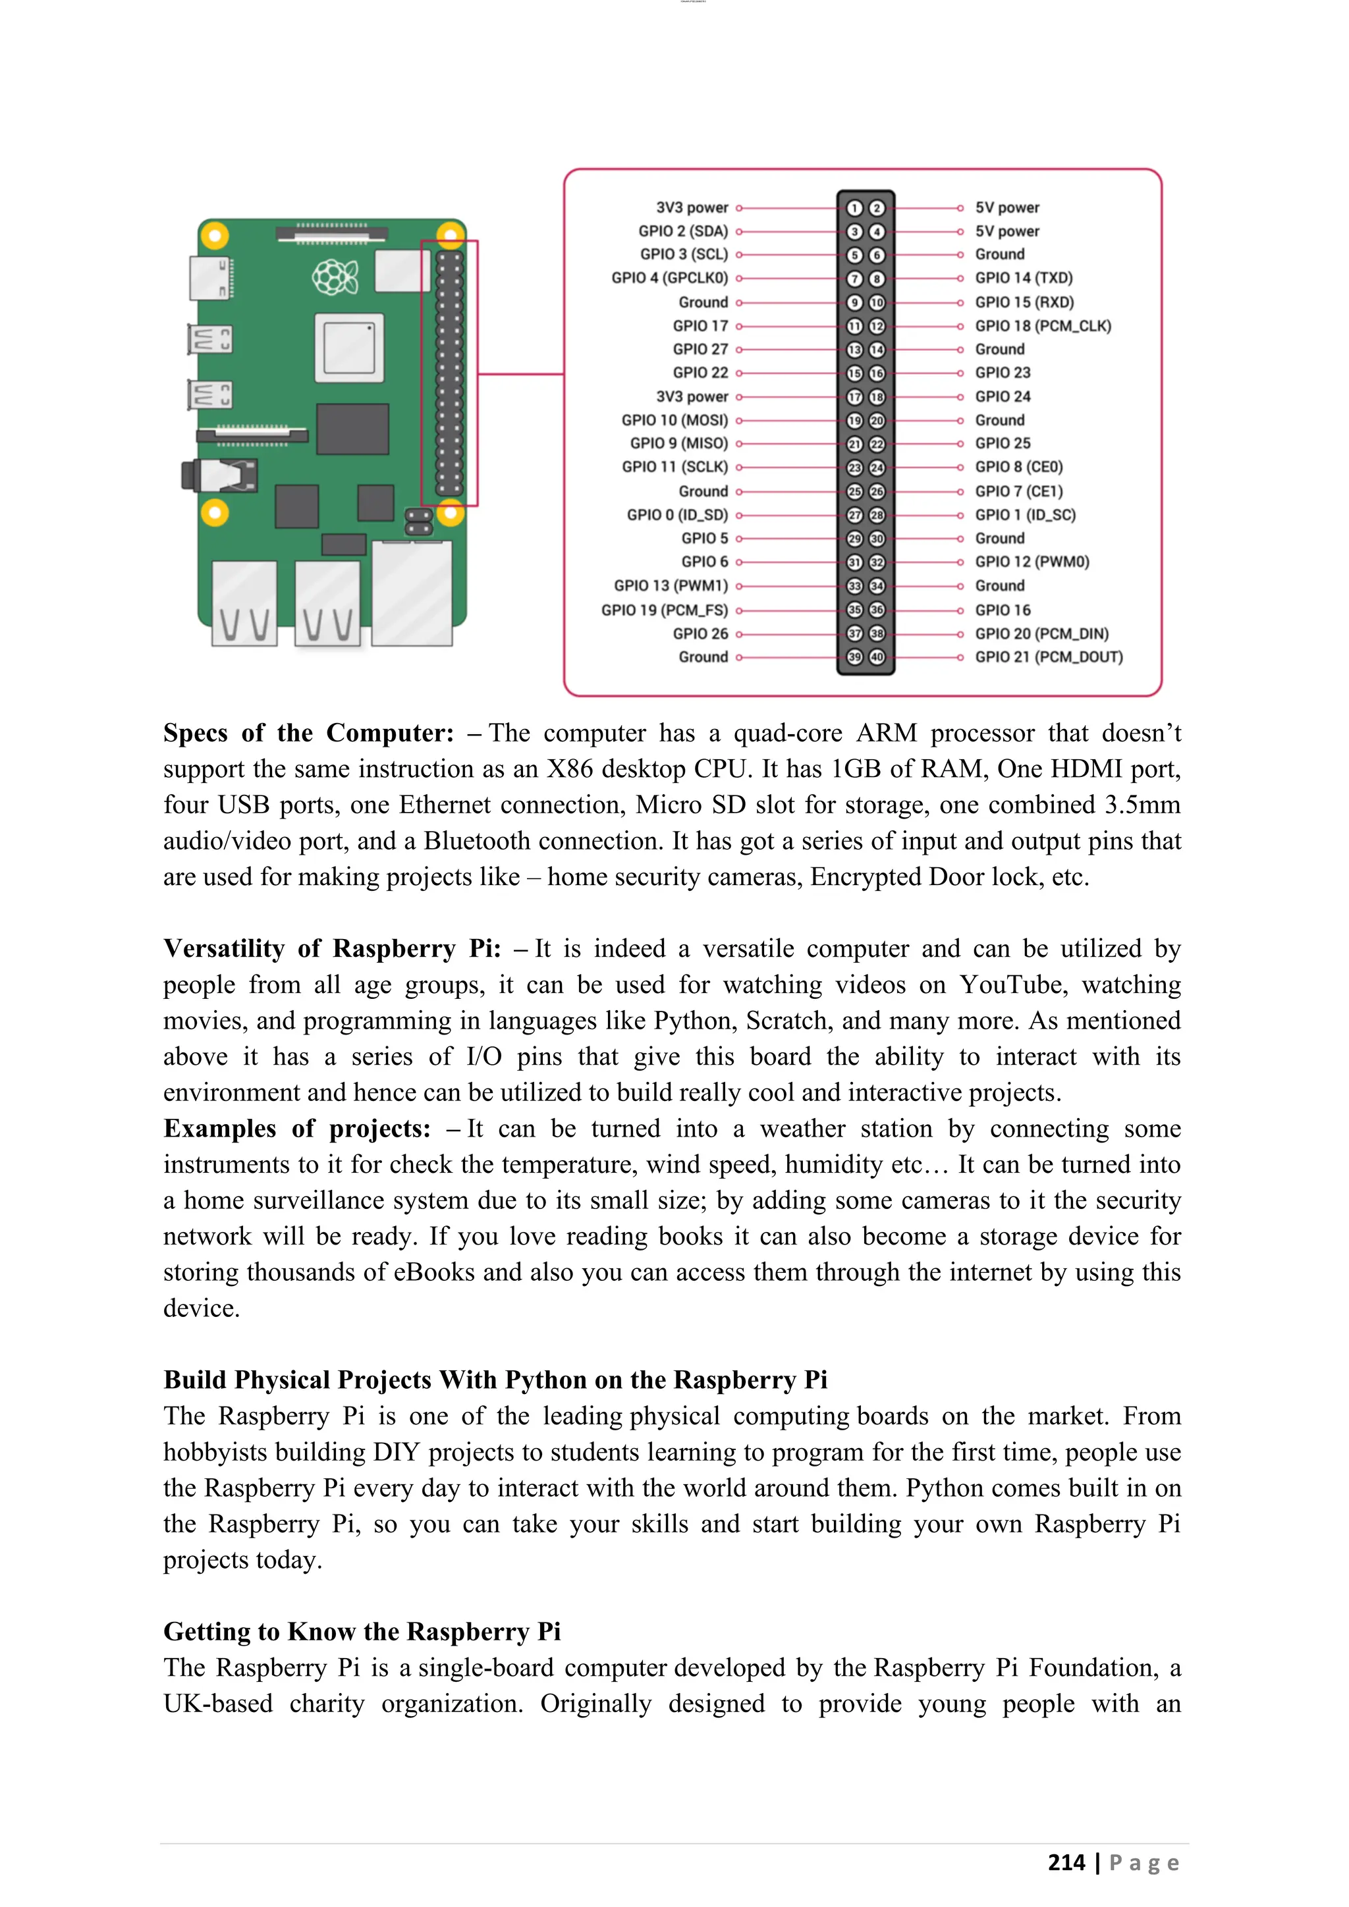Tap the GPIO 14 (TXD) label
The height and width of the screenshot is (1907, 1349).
click(1024, 279)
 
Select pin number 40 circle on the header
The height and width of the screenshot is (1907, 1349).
click(876, 657)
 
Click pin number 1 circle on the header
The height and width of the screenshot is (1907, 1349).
click(854, 207)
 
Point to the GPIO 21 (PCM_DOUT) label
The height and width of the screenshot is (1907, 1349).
click(1048, 657)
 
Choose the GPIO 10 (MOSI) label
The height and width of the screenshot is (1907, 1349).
click(674, 420)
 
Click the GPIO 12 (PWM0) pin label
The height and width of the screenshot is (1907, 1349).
click(1032, 562)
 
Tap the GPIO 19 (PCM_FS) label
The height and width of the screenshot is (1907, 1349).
click(664, 610)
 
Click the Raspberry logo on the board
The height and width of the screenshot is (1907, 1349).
click(335, 277)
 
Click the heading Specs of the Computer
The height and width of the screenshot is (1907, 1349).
click(308, 734)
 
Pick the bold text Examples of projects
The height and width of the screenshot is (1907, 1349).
click(296, 1129)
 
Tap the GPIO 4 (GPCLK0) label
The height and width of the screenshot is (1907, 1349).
click(669, 279)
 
